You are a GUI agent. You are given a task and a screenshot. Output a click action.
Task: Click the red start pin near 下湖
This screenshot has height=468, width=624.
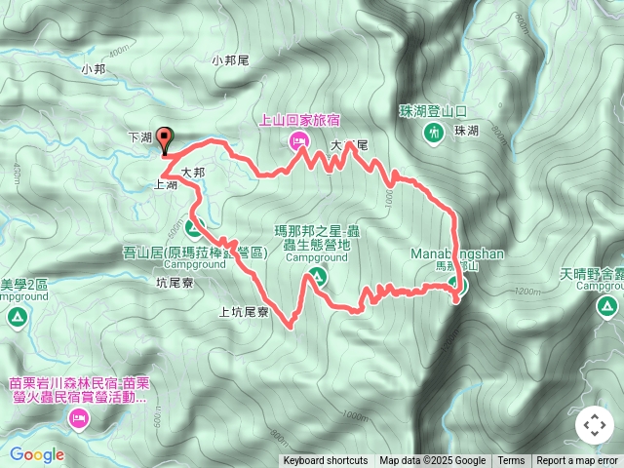(164, 140)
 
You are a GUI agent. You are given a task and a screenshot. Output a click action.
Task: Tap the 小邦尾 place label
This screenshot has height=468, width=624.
(230, 60)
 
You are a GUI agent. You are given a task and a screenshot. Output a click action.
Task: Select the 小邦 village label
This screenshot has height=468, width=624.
(93, 69)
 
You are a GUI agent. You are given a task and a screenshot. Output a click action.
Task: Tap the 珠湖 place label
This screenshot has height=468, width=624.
(466, 131)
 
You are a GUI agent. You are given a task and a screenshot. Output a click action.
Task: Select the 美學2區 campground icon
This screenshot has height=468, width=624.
(17, 316)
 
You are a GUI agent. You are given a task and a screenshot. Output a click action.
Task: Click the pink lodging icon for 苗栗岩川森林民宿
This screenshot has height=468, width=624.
(79, 420)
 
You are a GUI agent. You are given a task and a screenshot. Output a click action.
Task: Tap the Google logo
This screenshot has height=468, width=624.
(36, 454)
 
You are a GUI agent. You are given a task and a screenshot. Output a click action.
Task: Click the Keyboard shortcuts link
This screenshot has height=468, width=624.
(326, 461)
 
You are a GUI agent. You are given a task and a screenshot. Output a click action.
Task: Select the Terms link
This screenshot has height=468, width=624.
(511, 461)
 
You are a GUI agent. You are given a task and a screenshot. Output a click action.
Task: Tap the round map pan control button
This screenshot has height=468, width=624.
(594, 426)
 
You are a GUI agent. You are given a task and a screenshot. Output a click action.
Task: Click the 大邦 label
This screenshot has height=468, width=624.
(193, 172)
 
